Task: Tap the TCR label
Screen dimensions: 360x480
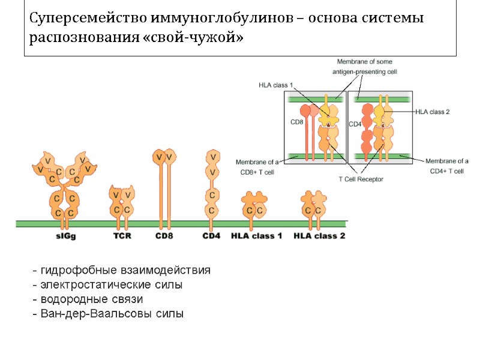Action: pyautogui.click(x=122, y=236)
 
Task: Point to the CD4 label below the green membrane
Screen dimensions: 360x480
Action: pyautogui.click(x=211, y=236)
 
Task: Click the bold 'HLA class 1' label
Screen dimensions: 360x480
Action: pyautogui.click(x=257, y=236)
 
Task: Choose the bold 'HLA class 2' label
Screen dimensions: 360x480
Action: pyautogui.click(x=319, y=236)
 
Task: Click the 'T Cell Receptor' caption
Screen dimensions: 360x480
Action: pyautogui.click(x=361, y=179)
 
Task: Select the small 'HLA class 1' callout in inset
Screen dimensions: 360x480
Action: pyautogui.click(x=275, y=85)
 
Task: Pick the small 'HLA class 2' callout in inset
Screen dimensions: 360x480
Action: pyautogui.click(x=432, y=112)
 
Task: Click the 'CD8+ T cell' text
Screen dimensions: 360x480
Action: pyautogui.click(x=257, y=172)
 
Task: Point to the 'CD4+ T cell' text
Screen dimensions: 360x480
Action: pyautogui.click(x=447, y=171)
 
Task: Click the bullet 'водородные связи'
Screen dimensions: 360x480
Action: pyautogui.click(x=91, y=299)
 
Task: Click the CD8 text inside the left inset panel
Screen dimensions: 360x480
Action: pyautogui.click(x=296, y=122)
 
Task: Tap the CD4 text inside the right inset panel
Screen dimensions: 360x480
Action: pyautogui.click(x=355, y=124)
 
